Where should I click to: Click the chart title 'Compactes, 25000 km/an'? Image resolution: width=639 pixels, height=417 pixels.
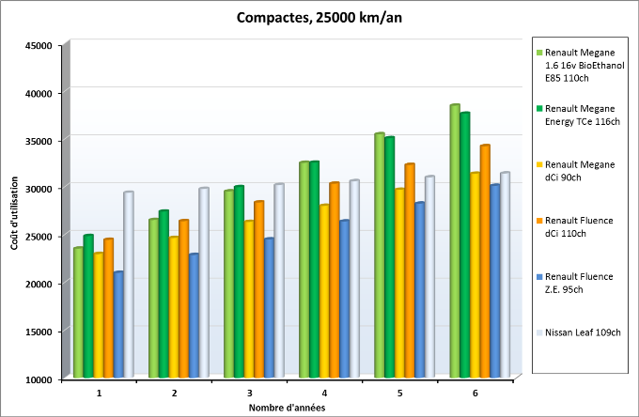[319, 16]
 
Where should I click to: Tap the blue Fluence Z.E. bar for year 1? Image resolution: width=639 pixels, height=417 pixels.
[118, 325]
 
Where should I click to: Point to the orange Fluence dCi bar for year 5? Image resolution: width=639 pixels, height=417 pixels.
[410, 271]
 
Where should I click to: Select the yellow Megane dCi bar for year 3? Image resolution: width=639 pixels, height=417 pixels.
[249, 300]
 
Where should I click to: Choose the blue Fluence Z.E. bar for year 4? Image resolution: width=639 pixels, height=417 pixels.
[345, 300]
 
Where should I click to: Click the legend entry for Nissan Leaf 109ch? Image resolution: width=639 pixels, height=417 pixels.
[583, 332]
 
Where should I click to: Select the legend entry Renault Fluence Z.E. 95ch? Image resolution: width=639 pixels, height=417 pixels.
[579, 283]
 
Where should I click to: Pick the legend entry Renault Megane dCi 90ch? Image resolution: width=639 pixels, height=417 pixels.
[579, 170]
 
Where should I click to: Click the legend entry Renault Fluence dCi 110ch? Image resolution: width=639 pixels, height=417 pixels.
[579, 226]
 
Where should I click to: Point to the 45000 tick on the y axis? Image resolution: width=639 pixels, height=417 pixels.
[39, 45]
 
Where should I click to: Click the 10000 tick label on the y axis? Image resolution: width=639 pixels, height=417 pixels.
[39, 378]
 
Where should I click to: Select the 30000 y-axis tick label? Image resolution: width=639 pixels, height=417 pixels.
[39, 188]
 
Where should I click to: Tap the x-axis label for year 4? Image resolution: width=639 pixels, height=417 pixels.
[324, 392]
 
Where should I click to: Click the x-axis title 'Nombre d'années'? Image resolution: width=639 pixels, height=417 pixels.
[288, 408]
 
